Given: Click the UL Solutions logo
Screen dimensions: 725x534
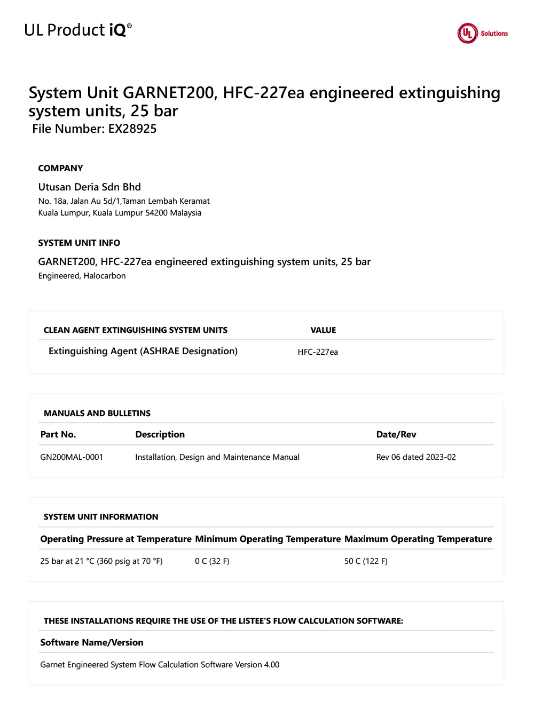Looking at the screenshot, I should coord(482,33).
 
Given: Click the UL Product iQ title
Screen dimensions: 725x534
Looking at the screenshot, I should coord(78,30).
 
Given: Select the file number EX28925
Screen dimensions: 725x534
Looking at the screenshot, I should coord(132,129).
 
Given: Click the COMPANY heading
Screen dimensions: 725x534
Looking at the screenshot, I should coord(60,168).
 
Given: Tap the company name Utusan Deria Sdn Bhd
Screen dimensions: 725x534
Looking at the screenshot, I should coord(89,187).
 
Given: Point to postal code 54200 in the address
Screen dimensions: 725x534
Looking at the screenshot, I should coord(156,213).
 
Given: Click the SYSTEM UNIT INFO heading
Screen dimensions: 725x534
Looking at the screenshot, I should coord(79,243).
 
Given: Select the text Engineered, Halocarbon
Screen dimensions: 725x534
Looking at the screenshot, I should coord(82,276).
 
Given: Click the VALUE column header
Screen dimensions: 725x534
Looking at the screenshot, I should coord(323,330).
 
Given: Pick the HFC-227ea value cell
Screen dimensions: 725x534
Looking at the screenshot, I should coord(318,352).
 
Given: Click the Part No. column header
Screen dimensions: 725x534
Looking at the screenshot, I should coord(58,434).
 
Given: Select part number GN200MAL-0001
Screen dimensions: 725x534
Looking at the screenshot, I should coord(72,457).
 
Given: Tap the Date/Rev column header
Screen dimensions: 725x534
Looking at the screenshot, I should coord(396,434).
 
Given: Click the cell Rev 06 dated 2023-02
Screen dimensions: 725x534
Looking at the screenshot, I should coord(416,457).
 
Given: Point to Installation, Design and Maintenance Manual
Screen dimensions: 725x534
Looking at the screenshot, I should coord(217,457).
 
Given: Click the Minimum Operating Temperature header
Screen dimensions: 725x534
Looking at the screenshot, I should coord(268,539).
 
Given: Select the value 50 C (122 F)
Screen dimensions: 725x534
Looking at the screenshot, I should coord(366,561).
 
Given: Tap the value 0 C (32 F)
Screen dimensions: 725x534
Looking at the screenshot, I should coord(212,561).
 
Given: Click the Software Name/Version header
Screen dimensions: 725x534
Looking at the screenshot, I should coord(92,642).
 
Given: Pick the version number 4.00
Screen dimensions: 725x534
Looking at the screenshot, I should coord(272,665).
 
